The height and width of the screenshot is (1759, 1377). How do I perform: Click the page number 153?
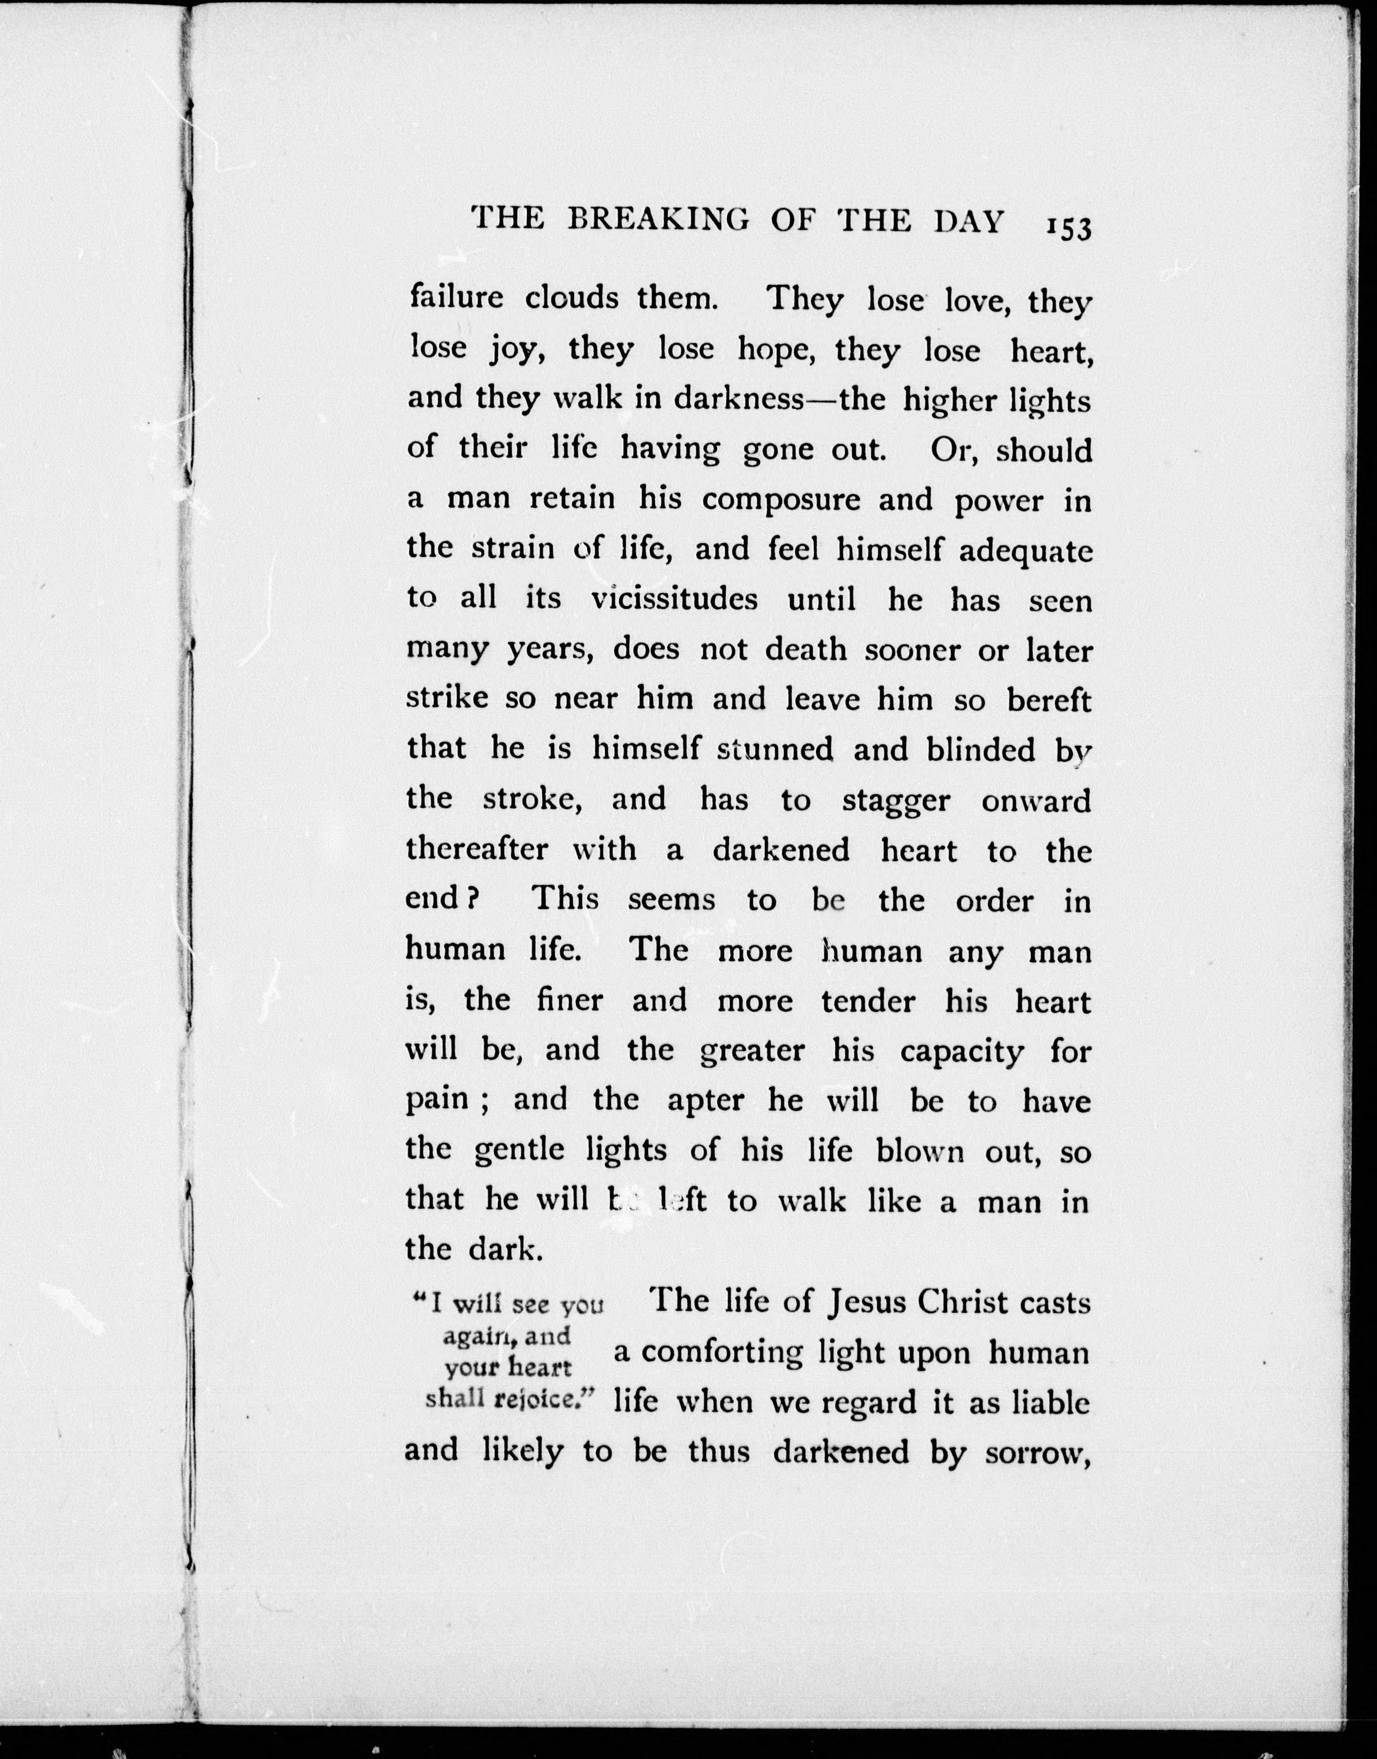[x=1069, y=228]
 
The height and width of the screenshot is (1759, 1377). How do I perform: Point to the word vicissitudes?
[x=674, y=599]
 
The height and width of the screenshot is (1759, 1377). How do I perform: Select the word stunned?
[x=775, y=750]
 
